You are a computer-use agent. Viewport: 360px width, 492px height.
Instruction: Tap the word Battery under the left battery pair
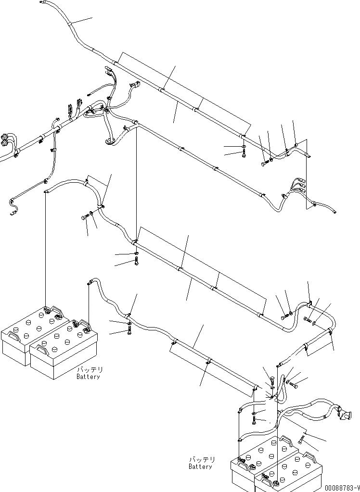(x=88, y=377)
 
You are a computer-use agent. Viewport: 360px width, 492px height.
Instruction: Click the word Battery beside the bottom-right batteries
(x=200, y=467)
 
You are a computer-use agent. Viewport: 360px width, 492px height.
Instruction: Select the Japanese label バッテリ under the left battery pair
(x=90, y=370)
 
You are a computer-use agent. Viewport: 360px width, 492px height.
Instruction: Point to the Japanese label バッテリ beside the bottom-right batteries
(x=202, y=460)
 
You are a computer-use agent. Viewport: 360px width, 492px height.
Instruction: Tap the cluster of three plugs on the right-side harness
(x=299, y=185)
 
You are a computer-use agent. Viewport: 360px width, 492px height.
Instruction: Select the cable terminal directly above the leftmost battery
(x=45, y=191)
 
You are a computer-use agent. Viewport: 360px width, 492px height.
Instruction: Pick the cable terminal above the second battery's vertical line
(x=89, y=283)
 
